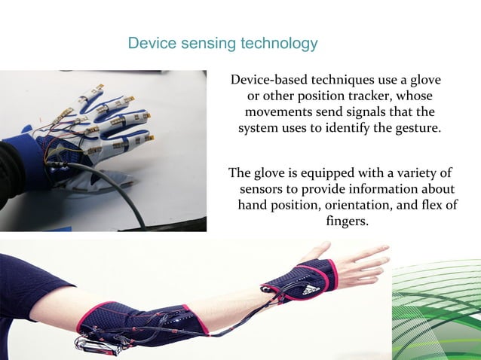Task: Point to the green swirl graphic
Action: pos(437,309)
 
